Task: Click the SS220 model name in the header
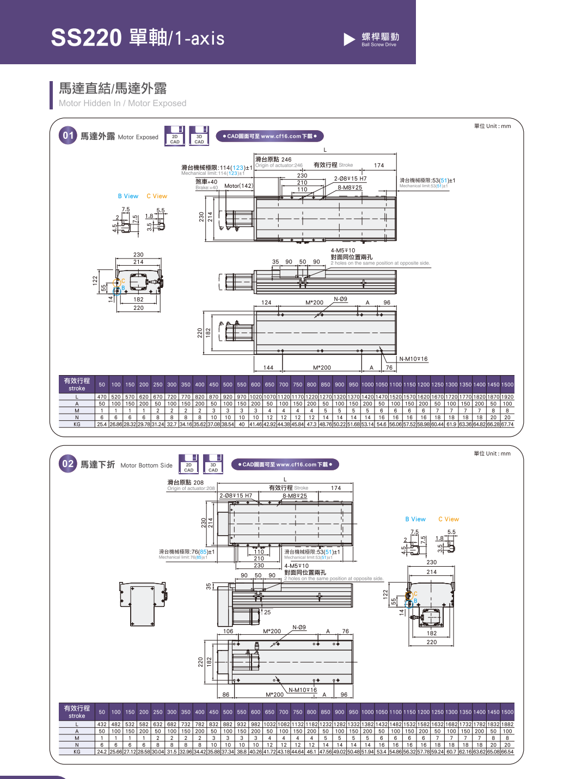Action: click(86, 38)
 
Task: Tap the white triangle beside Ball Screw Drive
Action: click(350, 39)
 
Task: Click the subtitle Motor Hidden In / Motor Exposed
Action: click(122, 103)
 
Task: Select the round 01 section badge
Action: click(68, 136)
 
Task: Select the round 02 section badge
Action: click(68, 464)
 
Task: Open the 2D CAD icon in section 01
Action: click(175, 136)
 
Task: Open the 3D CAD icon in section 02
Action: click(213, 464)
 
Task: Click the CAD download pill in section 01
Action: click(269, 136)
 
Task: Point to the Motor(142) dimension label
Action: click(238, 186)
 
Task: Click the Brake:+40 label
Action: click(206, 188)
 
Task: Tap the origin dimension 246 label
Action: click(273, 160)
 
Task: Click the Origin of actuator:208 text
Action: click(191, 488)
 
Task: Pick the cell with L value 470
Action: click(102, 397)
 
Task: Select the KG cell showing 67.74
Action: click(507, 424)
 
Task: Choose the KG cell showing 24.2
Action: click(102, 752)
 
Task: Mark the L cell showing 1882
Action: click(507, 725)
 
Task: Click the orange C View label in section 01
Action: click(157, 196)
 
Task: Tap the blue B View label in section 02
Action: click(415, 519)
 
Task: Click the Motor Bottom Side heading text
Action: click(146, 465)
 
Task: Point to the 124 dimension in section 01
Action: click(266, 303)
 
